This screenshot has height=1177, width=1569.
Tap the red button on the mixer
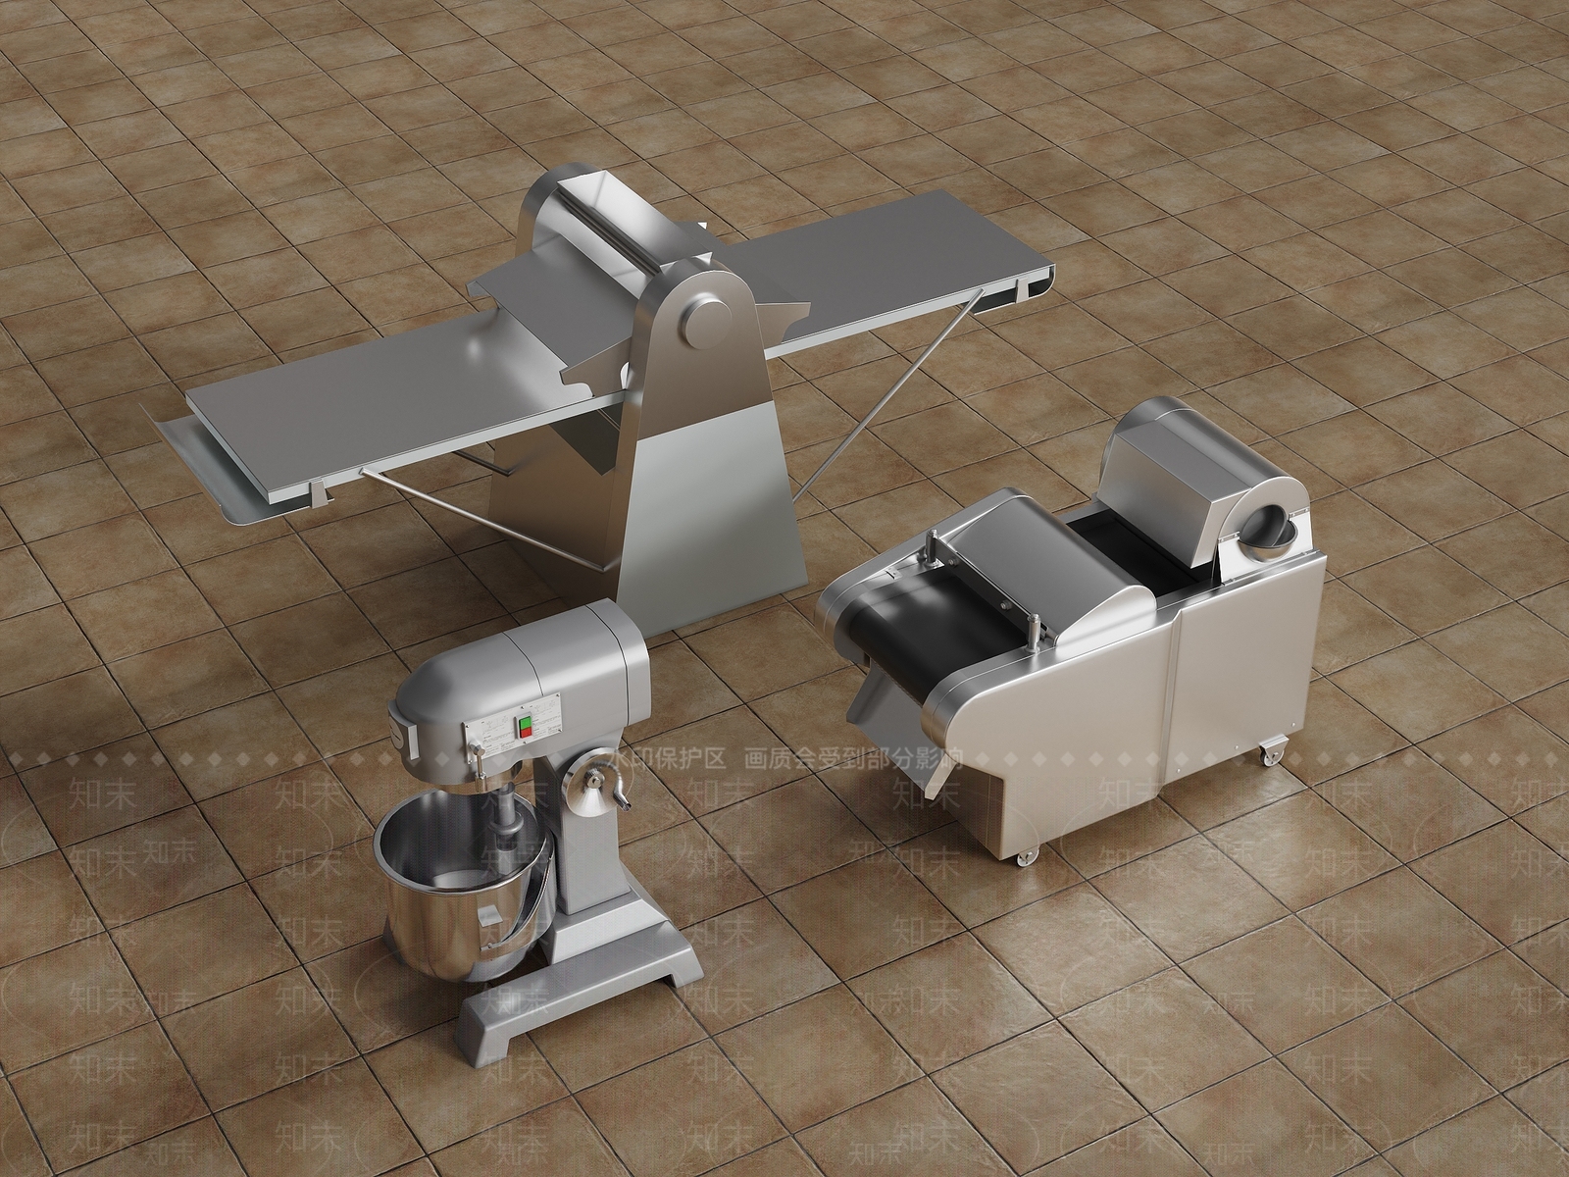click(x=524, y=734)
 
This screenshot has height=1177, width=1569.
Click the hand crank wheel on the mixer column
click(x=595, y=780)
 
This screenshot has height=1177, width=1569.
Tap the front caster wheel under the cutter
click(x=1024, y=855)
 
